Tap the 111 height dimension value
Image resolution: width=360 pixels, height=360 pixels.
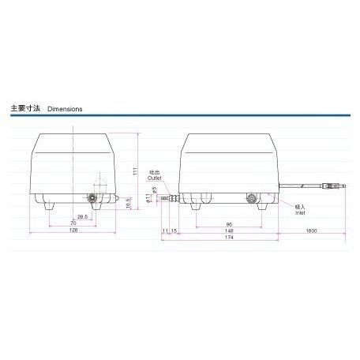pyautogui.click(x=135, y=171)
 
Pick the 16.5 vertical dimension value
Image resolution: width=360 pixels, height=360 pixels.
pyautogui.click(x=129, y=203)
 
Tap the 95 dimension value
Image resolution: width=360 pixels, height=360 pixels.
pyautogui.click(x=227, y=223)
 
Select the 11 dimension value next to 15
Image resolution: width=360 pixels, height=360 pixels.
pyautogui.click(x=165, y=230)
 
